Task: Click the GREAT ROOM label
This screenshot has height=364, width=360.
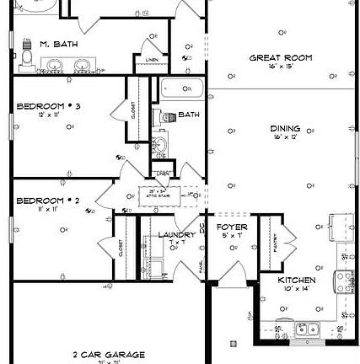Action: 280,58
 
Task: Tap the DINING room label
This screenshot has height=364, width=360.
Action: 284,129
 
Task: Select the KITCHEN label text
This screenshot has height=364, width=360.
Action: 296,280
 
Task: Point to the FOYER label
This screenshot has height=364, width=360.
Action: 232,227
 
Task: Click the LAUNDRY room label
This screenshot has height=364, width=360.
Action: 176,235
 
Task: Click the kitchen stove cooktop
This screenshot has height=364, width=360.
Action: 343,280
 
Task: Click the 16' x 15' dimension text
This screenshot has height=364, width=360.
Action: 280,66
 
